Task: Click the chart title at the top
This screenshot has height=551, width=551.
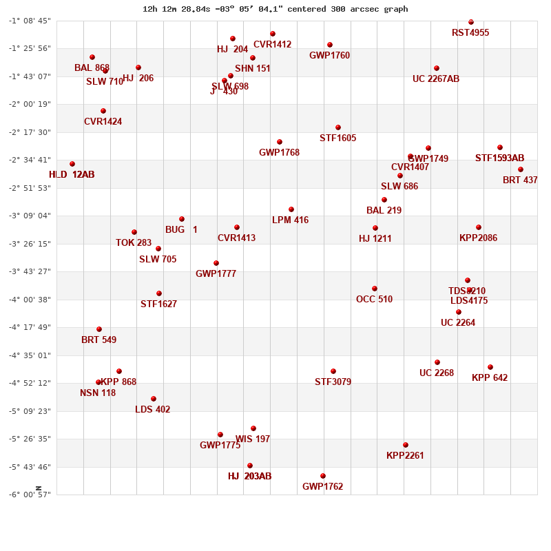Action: tap(275, 9)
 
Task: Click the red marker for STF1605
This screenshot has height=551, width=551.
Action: tap(338, 127)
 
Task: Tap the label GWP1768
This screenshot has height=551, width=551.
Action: tap(279, 152)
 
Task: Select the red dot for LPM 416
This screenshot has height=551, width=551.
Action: tap(291, 209)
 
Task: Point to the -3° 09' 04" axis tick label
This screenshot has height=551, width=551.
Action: tap(30, 216)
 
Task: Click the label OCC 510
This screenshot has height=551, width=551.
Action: tap(374, 299)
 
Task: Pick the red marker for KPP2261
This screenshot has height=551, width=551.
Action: tap(406, 445)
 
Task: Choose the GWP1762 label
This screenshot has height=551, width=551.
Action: tap(322, 486)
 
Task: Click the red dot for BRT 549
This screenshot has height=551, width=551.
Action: tap(99, 329)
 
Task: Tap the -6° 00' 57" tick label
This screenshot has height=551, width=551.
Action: tap(30, 495)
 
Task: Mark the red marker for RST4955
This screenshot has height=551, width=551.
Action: tap(471, 22)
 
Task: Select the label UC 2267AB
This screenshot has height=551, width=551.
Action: tap(436, 79)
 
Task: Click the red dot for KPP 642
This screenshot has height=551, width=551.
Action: tap(490, 367)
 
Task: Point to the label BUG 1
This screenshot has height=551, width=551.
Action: tap(181, 229)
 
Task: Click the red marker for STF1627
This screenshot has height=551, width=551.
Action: tap(159, 293)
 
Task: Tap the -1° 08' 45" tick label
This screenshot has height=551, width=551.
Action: tap(30, 21)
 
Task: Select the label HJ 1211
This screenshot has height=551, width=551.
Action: tap(375, 238)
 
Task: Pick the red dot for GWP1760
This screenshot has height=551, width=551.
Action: tap(330, 45)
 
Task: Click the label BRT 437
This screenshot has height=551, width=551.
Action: tap(520, 180)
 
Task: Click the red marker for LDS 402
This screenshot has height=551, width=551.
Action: tap(154, 399)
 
